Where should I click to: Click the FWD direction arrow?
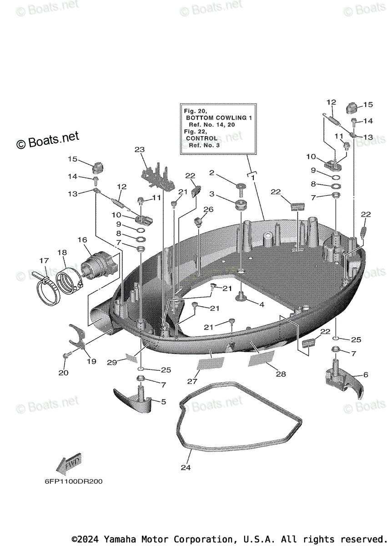[x=68, y=464]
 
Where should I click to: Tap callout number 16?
[x=82, y=239]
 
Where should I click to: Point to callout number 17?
[x=44, y=261]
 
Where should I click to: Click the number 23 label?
[x=139, y=149]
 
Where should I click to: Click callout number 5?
[x=163, y=402]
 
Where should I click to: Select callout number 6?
[x=366, y=374]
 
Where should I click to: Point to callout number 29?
[x=112, y=362]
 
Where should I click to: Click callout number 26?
[x=208, y=209]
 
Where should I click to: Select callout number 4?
[x=261, y=304]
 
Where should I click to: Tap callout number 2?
[x=211, y=172]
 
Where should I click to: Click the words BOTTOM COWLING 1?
[x=219, y=117]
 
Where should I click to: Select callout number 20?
[x=63, y=373]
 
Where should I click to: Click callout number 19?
[x=91, y=362]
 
